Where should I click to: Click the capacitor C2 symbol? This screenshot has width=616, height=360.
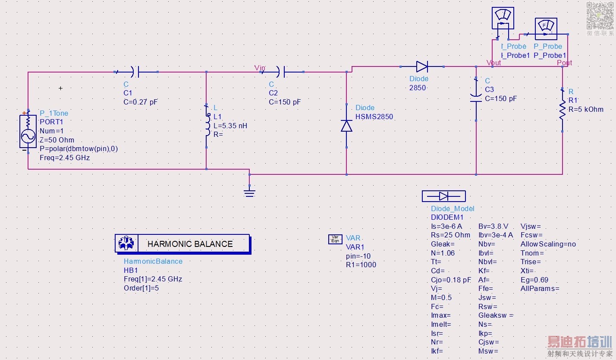pos(282,72)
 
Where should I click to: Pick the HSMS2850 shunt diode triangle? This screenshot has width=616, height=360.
pos(346,126)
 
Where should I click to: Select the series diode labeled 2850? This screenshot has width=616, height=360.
pos(422,66)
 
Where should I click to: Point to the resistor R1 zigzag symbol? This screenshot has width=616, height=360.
pos(563,110)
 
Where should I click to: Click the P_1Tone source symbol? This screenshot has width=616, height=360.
pos(28,131)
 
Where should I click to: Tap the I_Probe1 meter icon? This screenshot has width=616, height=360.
pos(503,18)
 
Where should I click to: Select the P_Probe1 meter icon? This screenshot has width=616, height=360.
pos(546,28)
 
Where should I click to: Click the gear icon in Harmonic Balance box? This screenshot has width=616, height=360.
pos(126,243)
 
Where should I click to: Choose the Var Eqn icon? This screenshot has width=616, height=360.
pos(335,239)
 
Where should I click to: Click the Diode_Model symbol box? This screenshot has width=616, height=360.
pos(444,196)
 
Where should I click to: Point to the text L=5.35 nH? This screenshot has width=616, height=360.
pos(230,126)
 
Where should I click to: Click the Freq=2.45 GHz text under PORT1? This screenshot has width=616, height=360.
pos(65,158)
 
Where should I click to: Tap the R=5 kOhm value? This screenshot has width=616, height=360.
pos(586,110)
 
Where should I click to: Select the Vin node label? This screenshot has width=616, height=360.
pos(260,68)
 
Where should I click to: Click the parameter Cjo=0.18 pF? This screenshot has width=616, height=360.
pos(451,280)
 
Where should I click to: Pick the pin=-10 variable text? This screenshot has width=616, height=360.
pos(358,256)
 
